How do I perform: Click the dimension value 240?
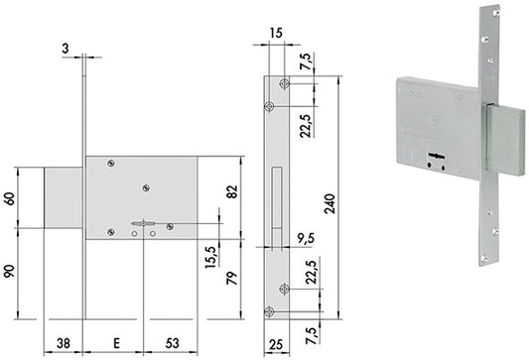330,203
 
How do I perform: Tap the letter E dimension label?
116,343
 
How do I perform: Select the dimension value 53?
172,343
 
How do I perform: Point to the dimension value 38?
64,343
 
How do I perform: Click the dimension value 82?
232,191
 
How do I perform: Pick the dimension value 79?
232,278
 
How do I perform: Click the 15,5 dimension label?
210,257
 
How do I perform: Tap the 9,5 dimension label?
306,239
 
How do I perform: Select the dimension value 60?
10,199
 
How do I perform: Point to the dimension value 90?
10,272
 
